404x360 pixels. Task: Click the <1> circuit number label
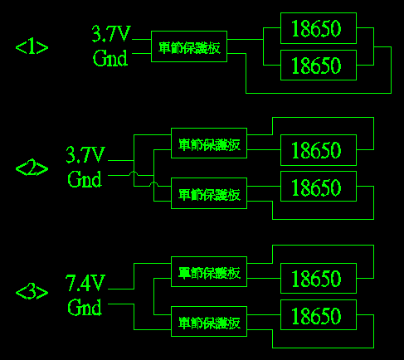32,47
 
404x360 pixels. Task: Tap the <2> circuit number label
32,168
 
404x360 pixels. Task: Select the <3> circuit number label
32,292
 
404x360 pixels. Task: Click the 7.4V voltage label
85,283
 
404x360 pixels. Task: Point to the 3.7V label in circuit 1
111,34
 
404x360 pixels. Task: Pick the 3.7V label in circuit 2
85,154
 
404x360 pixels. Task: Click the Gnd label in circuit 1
110,58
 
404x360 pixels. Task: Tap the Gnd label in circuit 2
85,178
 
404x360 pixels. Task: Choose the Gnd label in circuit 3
85,307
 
